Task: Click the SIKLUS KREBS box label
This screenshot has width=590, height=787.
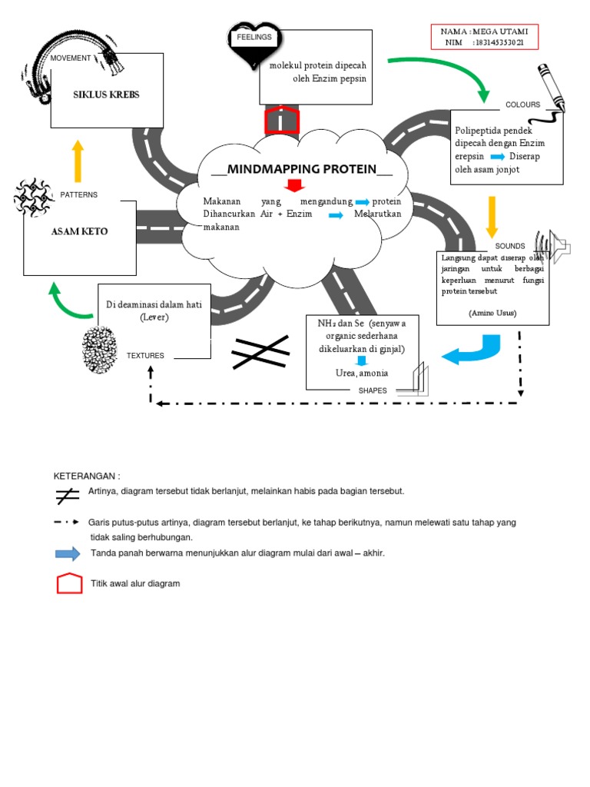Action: click(106, 95)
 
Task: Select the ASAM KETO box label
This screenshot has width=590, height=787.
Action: click(79, 231)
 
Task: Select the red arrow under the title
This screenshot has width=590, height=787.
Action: click(294, 185)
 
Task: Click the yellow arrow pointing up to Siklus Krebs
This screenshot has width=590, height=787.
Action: click(77, 160)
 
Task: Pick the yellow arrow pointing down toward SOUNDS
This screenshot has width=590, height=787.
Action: click(492, 218)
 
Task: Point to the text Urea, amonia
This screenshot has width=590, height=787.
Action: click(362, 373)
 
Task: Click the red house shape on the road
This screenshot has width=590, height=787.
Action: click(281, 121)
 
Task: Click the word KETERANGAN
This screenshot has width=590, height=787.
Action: click(87, 476)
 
